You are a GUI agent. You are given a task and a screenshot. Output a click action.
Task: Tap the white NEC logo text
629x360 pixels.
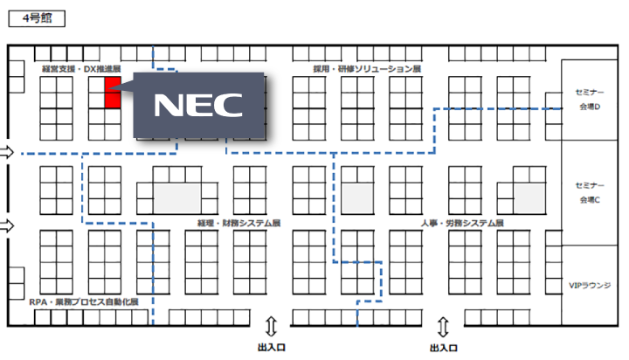pyautogui.click(x=200, y=104)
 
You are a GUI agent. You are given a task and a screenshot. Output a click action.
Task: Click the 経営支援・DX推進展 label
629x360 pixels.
pyautogui.click(x=80, y=67)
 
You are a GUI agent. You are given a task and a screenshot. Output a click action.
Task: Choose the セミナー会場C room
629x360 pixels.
pyautogui.click(x=590, y=193)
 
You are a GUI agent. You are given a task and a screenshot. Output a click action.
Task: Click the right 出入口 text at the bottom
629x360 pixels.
pyautogui.click(x=444, y=347)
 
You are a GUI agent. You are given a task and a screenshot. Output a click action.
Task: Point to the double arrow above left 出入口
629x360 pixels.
pyautogui.click(x=271, y=327)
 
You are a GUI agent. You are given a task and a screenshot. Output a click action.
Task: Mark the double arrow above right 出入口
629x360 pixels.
pyautogui.click(x=444, y=327)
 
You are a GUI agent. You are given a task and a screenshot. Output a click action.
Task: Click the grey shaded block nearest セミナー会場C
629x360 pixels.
pyautogui.click(x=529, y=196)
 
